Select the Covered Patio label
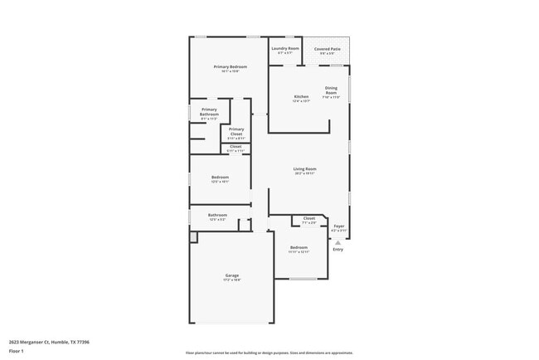328,49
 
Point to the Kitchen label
301,97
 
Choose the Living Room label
305,169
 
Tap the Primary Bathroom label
209,112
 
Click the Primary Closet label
236,131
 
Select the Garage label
232,275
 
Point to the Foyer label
338,226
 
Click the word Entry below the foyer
337,249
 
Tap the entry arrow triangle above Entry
337,241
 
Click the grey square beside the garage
193,237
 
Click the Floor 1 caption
17,352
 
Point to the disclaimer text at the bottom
269,353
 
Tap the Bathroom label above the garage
217,215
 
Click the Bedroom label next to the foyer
299,247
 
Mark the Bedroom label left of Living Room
220,177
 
